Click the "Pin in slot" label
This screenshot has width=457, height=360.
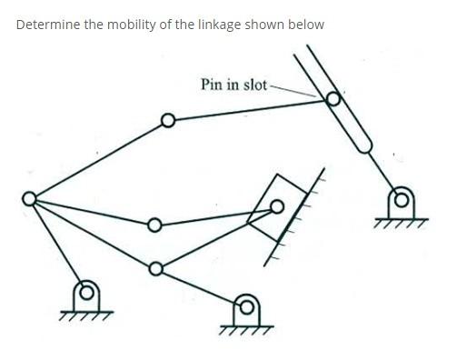233,85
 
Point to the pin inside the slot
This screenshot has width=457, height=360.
333,100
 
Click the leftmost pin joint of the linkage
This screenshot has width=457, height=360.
31,198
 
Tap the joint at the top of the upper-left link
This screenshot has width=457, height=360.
166,120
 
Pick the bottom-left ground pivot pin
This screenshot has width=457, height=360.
87,291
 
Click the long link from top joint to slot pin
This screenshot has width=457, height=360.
250,110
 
